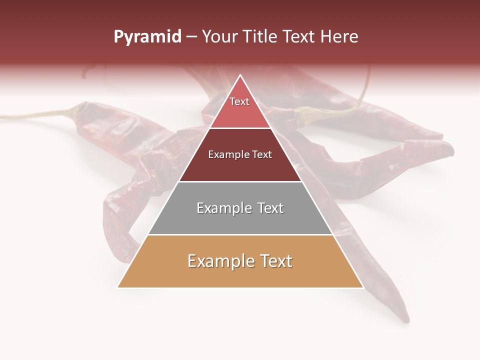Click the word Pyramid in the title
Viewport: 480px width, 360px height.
pos(147,37)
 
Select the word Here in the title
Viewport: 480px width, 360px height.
pos(339,36)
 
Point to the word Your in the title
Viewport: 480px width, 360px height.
pos(219,36)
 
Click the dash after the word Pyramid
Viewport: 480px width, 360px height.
pos(191,37)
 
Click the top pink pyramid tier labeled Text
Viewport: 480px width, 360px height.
pos(239,107)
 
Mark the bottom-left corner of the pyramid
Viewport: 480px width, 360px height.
pos(118,287)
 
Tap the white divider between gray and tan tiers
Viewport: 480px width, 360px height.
pos(240,234)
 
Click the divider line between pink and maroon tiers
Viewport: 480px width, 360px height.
pos(240,128)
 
